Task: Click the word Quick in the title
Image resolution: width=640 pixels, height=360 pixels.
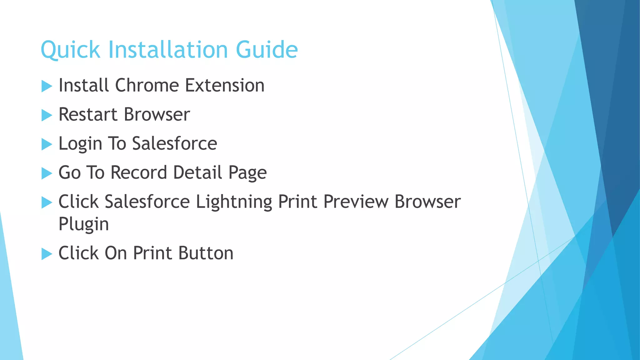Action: pyautogui.click(x=70, y=50)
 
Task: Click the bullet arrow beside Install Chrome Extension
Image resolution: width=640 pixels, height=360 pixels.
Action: pyautogui.click(x=47, y=86)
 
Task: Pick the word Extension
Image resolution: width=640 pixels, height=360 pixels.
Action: pyautogui.click(x=225, y=86)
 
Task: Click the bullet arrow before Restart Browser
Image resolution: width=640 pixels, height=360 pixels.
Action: pyautogui.click(x=47, y=115)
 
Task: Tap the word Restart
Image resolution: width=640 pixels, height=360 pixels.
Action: pyautogui.click(x=88, y=115)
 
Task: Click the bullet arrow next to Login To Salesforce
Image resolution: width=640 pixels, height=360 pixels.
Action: pyautogui.click(x=47, y=144)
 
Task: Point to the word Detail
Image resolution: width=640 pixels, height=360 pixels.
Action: pyautogui.click(x=197, y=172)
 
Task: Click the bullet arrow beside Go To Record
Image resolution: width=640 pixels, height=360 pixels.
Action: pyautogui.click(x=47, y=173)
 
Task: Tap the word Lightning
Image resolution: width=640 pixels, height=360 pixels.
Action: pyautogui.click(x=234, y=202)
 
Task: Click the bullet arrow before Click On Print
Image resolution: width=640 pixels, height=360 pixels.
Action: pyautogui.click(x=47, y=254)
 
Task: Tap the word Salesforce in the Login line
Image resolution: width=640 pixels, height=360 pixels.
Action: pyautogui.click(x=174, y=144)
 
